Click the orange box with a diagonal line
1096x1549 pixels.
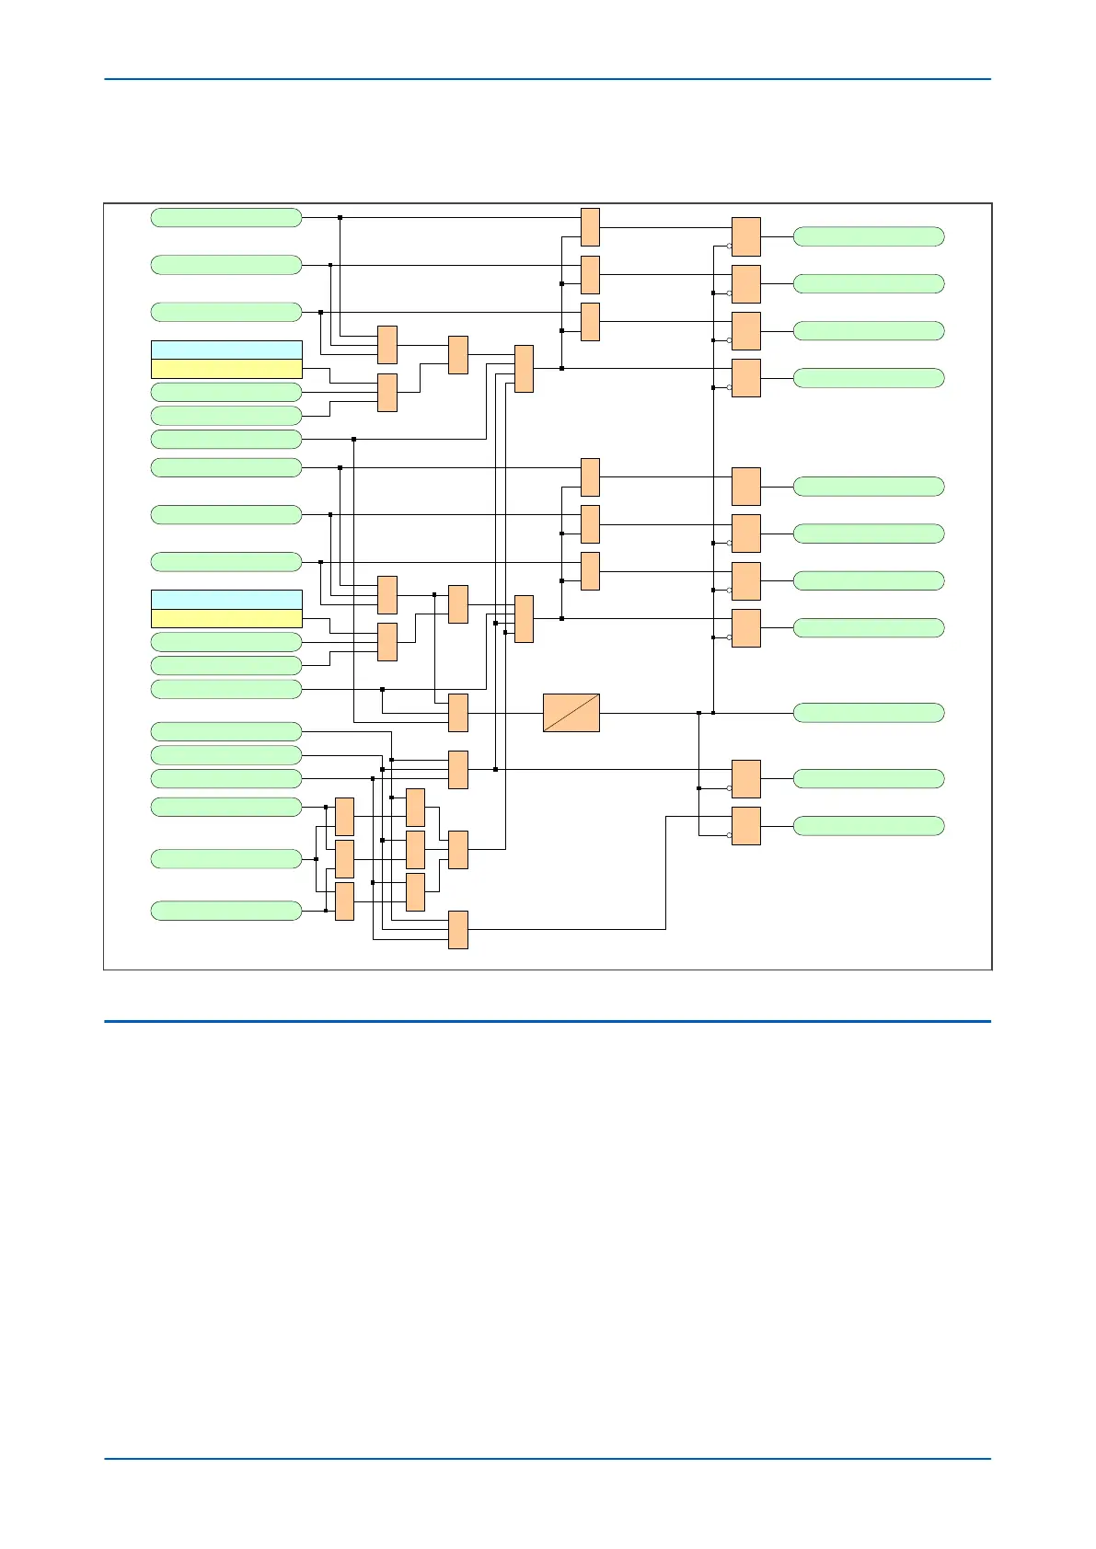pyautogui.click(x=571, y=713)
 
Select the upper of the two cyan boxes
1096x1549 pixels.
pyautogui.click(x=226, y=350)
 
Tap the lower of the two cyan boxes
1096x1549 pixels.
pyautogui.click(x=226, y=600)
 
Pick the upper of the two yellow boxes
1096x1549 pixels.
pyautogui.click(x=226, y=369)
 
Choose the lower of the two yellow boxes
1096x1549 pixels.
pyautogui.click(x=226, y=618)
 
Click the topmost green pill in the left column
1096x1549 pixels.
pyautogui.click(x=226, y=217)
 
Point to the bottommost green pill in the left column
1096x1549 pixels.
pyautogui.click(x=226, y=911)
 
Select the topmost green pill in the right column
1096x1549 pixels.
pyautogui.click(x=869, y=236)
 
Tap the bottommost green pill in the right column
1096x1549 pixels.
pyautogui.click(x=869, y=826)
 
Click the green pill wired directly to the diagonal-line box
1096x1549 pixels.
pyautogui.click(x=869, y=713)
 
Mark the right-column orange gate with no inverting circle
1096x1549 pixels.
pyautogui.click(x=746, y=487)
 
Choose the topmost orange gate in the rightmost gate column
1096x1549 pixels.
pyautogui.click(x=746, y=236)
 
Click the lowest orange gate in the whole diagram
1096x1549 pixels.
pyautogui.click(x=458, y=930)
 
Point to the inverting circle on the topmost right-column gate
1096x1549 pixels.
pyautogui.click(x=729, y=246)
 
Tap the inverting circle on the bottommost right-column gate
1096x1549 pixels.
pyautogui.click(x=729, y=835)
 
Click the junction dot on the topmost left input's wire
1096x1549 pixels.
pyautogui.click(x=340, y=217)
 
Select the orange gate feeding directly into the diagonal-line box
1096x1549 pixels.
pyautogui.click(x=458, y=713)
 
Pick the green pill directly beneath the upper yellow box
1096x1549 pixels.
pyautogui.click(x=226, y=392)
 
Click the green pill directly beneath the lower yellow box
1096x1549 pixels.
pyautogui.click(x=226, y=642)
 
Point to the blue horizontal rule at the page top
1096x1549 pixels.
pyautogui.click(x=548, y=79)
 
